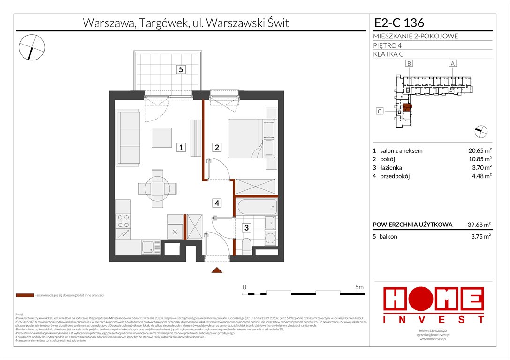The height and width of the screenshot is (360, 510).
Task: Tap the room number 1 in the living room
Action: [181, 148]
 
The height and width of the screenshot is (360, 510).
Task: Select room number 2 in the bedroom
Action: [217, 148]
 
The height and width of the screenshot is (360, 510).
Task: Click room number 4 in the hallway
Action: [217, 203]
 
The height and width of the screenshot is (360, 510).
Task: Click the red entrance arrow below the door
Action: [216, 270]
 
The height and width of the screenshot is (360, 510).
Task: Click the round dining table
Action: [158, 189]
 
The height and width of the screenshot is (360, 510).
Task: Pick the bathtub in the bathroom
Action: [256, 207]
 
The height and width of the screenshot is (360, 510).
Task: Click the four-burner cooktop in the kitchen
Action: [123, 223]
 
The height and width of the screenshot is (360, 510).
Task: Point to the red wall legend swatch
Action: [24, 296]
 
